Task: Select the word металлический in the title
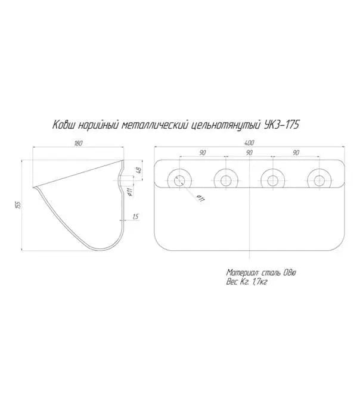click(x=155, y=125)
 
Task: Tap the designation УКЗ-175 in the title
click(x=281, y=125)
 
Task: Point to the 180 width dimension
click(x=78, y=143)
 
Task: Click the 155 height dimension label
click(x=18, y=205)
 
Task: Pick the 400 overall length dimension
click(x=249, y=143)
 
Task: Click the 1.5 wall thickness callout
click(x=136, y=217)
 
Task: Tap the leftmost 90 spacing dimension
click(x=203, y=153)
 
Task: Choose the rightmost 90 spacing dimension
click(x=296, y=153)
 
